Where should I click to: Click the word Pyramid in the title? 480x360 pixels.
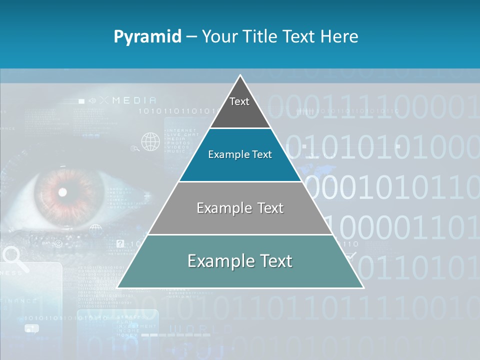click(147, 36)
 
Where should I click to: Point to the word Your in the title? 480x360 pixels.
click(218, 36)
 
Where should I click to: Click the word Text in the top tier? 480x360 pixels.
click(239, 101)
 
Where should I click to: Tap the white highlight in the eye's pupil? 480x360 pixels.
click(63, 191)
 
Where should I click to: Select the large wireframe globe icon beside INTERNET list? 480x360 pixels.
click(150, 141)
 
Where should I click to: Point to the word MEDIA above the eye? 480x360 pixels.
click(134, 100)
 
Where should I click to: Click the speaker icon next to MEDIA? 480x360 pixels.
click(92, 100)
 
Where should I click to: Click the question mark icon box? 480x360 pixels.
click(120, 244)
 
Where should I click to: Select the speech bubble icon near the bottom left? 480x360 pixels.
click(31, 328)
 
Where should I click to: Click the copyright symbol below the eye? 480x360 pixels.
click(58, 243)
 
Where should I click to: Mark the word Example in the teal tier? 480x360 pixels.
click(213, 261)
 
